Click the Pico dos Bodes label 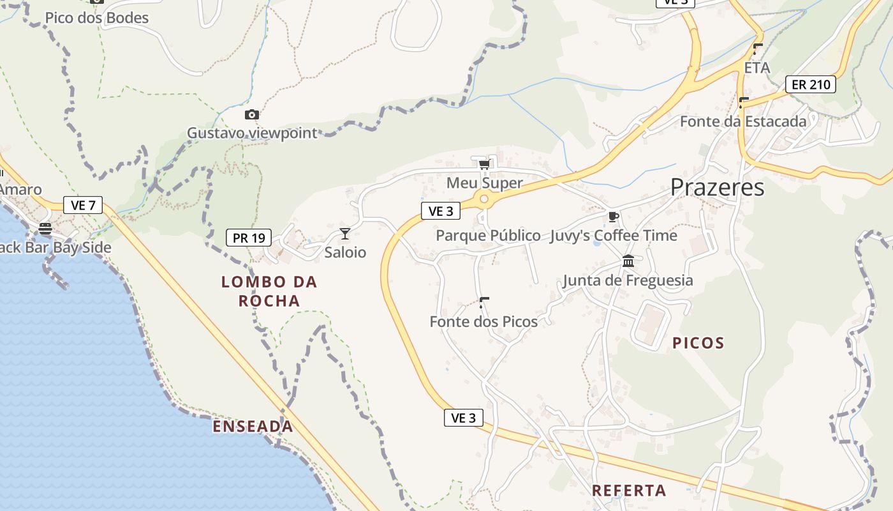point(97,18)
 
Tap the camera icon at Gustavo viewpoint point(252,115)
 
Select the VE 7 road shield point(83,206)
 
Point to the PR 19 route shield point(249,238)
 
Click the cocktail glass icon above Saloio point(345,234)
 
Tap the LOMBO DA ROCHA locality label point(269,291)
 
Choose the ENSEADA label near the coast point(253,427)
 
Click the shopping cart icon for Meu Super point(484,165)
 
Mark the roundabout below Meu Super point(484,200)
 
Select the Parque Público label point(488,236)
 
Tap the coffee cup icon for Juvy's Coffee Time point(613,217)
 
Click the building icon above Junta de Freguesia point(628,261)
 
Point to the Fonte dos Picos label point(483,322)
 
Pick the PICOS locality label point(698,344)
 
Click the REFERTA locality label point(629,491)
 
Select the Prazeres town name point(717,187)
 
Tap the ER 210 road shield point(810,84)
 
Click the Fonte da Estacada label point(743,121)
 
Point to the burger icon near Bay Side point(45,229)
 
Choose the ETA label point(757,68)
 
